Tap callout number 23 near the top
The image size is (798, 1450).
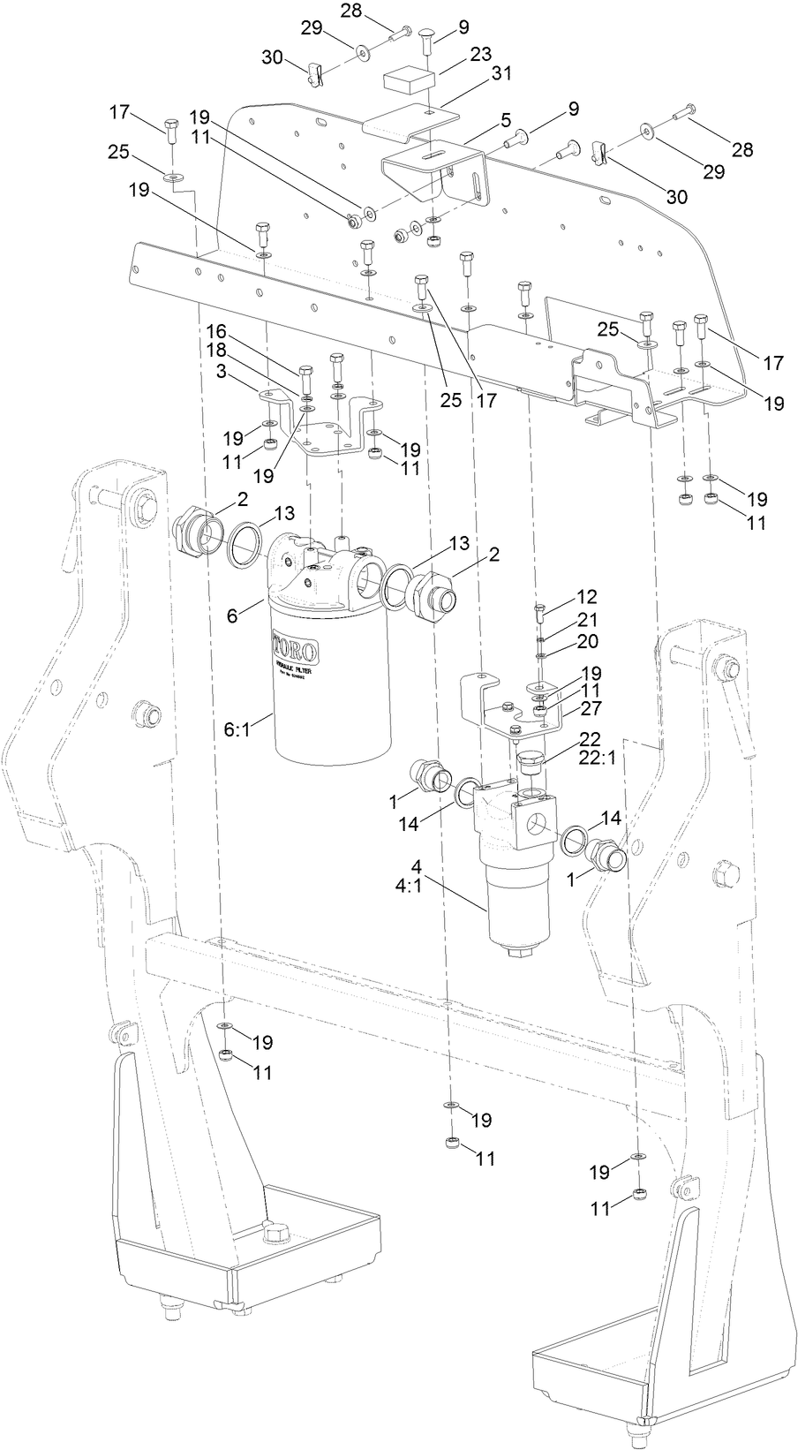tap(480, 53)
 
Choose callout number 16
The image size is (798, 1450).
tap(217, 331)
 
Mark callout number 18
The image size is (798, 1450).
tap(217, 350)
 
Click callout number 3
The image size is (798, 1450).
tap(225, 370)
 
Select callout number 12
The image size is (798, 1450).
tap(587, 596)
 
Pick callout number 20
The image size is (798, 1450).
tap(587, 640)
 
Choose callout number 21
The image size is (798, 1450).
tap(587, 619)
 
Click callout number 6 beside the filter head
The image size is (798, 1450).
tap(232, 616)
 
